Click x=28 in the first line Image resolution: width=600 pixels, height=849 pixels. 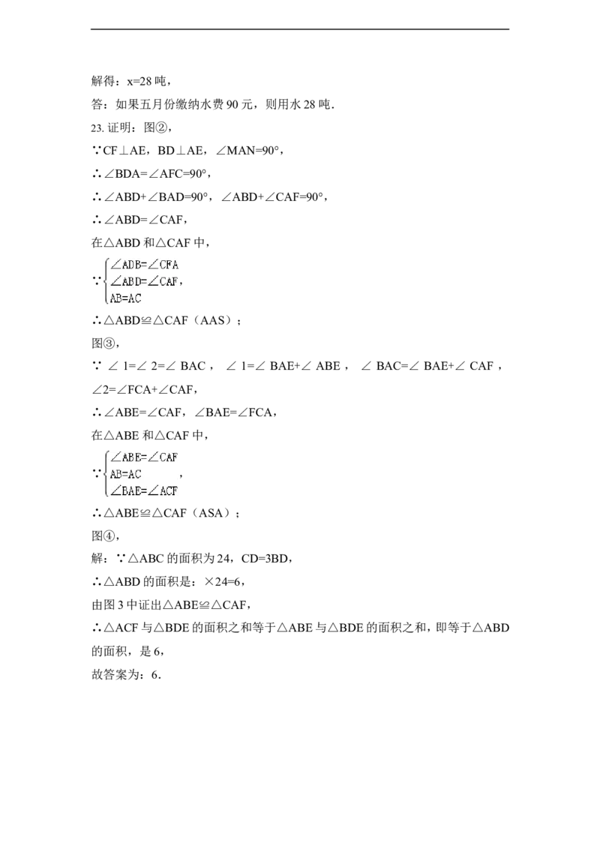click(x=139, y=81)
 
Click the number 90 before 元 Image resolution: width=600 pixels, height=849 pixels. click(x=232, y=104)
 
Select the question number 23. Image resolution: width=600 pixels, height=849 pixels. click(x=97, y=127)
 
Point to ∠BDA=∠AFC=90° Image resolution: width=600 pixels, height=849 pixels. click(x=155, y=174)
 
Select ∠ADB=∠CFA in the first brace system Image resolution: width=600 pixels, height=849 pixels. click(x=144, y=265)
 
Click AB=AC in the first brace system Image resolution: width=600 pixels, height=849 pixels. click(x=126, y=298)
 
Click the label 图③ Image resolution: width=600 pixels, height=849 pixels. click(x=102, y=343)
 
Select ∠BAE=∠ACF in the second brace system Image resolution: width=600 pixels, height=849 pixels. click(x=144, y=491)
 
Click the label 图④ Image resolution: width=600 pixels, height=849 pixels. click(x=102, y=536)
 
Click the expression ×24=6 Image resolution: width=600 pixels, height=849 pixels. click(x=223, y=582)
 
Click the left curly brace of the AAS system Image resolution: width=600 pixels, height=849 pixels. click(x=106, y=281)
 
